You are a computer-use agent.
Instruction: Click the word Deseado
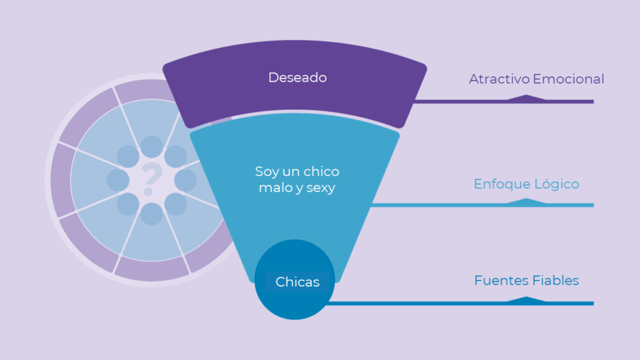coord(297,77)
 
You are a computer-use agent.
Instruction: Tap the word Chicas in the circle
coord(297,282)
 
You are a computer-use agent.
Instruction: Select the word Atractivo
coord(499,79)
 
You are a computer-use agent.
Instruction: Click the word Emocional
coord(569,79)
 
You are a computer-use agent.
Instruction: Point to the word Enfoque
coord(501,184)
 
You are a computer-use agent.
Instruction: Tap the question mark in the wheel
coord(150,179)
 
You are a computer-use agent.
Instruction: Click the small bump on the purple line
coord(526,97)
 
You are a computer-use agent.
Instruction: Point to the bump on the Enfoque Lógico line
coord(526,201)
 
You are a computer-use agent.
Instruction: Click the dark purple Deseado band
coord(375,94)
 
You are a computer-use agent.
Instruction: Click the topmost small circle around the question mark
coord(151,146)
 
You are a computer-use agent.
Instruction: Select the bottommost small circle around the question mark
coord(151,214)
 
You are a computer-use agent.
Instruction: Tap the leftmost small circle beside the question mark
coord(117,180)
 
